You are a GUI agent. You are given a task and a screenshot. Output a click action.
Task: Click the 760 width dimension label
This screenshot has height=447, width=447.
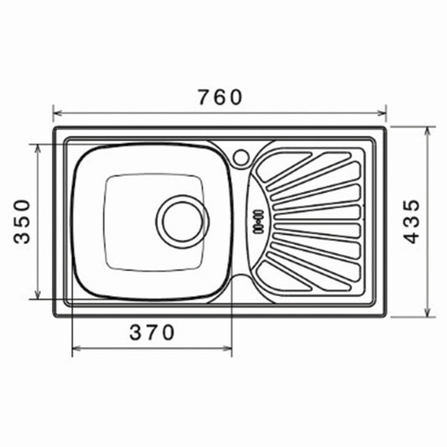click(220, 97)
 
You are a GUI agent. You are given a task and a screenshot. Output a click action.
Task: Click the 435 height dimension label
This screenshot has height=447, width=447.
click(413, 221)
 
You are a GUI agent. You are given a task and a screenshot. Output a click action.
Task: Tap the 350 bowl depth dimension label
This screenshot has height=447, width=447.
click(22, 221)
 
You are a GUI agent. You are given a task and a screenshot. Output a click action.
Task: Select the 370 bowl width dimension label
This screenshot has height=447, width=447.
click(152, 332)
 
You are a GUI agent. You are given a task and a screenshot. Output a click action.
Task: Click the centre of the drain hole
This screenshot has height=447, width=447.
click(183, 221)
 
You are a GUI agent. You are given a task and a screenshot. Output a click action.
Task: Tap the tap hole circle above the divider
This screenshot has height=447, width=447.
click(241, 158)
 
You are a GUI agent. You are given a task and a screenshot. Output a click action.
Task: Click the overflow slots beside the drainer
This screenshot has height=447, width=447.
click(258, 221)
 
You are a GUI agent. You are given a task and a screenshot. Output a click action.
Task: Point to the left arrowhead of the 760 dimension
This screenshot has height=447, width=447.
click(58, 113)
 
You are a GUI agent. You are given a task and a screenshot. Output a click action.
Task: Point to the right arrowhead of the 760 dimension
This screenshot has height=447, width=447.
click(382, 113)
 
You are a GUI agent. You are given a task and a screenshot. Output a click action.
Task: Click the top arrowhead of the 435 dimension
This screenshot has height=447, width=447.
click(427, 132)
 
